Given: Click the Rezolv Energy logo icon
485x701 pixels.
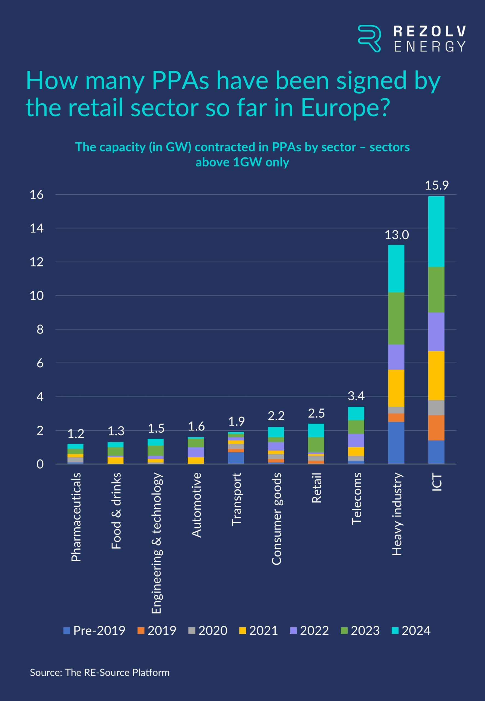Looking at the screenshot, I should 369,38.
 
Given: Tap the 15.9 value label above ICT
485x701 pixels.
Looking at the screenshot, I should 436,185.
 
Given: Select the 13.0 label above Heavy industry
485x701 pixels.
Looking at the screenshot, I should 397,235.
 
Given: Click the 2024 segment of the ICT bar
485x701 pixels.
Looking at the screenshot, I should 436,232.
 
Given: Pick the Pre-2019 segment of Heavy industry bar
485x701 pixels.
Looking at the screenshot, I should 396,443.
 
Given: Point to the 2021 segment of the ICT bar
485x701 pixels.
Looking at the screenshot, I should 436,375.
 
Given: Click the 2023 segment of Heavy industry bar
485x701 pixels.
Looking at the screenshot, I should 396,318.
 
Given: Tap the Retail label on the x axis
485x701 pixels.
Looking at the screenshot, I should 316,488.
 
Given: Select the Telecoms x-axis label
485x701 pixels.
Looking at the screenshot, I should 356,499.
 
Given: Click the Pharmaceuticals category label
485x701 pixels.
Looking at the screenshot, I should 76,517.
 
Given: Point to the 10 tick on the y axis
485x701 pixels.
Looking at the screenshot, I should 37,296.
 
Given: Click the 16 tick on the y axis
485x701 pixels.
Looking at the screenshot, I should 37,194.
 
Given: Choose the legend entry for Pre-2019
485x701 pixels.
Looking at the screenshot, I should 94,630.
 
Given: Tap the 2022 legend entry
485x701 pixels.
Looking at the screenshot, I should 309,630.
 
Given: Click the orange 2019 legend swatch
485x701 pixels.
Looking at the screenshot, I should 141,630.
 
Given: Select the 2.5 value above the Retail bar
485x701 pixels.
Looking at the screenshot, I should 316,413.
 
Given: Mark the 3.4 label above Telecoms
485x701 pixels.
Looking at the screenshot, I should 356,396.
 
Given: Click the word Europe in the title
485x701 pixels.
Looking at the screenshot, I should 345,108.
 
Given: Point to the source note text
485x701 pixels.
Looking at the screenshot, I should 100,673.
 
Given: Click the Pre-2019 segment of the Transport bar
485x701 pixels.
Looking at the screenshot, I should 236,458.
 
